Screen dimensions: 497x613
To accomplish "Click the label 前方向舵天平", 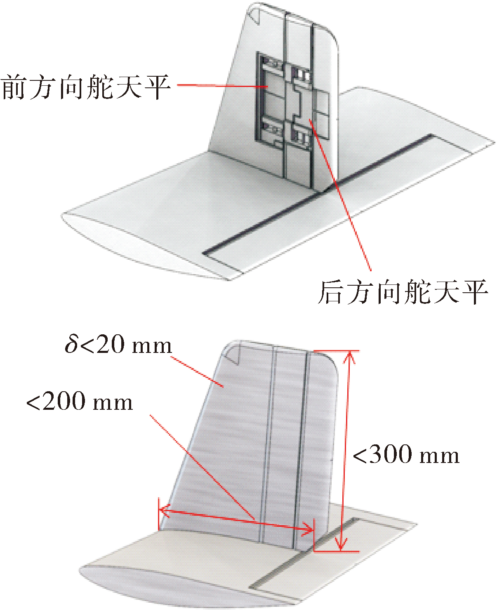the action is [x=85, y=87].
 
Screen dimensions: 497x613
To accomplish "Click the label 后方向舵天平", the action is [x=403, y=292].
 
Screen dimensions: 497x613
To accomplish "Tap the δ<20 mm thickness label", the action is [x=118, y=344].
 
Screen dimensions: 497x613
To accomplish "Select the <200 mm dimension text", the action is [x=80, y=401].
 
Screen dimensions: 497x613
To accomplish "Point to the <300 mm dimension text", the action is [x=406, y=454].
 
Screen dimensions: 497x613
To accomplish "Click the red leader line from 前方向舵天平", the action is [x=222, y=85].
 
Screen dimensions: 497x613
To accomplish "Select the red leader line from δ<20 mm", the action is [x=197, y=372].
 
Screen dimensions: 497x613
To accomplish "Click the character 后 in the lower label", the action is [x=330, y=292].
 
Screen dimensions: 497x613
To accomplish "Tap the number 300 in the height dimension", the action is [x=390, y=454].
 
